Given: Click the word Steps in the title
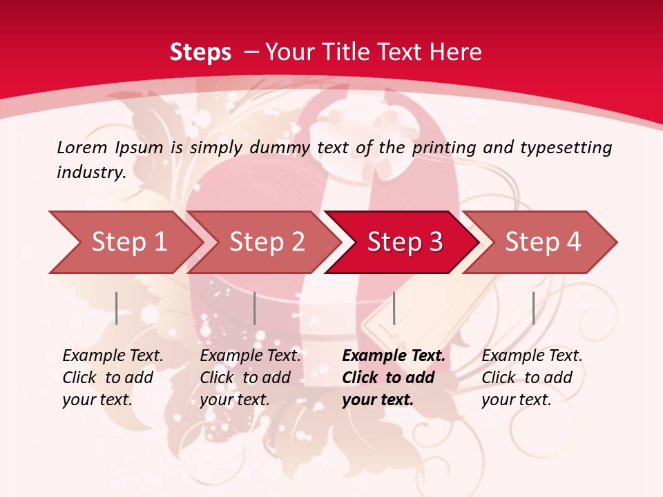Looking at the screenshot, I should click(200, 52).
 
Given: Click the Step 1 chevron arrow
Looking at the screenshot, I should click(128, 242).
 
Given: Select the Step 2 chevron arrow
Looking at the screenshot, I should click(266, 242).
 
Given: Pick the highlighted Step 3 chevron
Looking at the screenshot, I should click(404, 242).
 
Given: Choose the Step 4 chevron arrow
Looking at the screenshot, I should click(542, 242).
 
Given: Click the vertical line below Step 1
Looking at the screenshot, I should click(117, 308).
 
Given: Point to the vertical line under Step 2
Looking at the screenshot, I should click(255, 308).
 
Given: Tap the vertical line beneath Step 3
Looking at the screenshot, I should click(394, 308).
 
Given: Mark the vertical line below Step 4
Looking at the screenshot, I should click(533, 308).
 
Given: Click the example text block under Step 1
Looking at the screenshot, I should click(113, 378).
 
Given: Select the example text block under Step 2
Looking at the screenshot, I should click(250, 378).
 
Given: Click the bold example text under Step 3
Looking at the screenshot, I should click(393, 378).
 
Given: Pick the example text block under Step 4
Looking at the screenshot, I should click(532, 378).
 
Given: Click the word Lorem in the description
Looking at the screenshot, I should click(81, 147).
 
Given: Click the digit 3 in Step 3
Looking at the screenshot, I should click(435, 242).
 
